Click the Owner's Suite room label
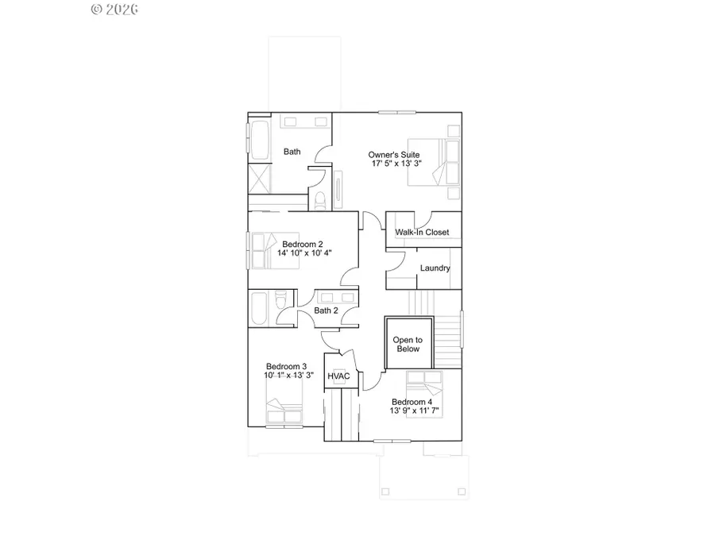[x=393, y=154]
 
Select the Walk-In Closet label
[x=423, y=233]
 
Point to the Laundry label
[x=435, y=268]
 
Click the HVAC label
[x=339, y=376]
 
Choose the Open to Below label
[x=408, y=345]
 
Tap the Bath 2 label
[x=326, y=310]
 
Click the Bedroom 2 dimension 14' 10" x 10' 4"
[x=303, y=253]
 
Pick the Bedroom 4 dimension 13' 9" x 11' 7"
[x=415, y=411]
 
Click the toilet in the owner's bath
[x=319, y=199]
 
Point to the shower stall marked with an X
[x=261, y=178]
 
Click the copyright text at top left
[x=116, y=10]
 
